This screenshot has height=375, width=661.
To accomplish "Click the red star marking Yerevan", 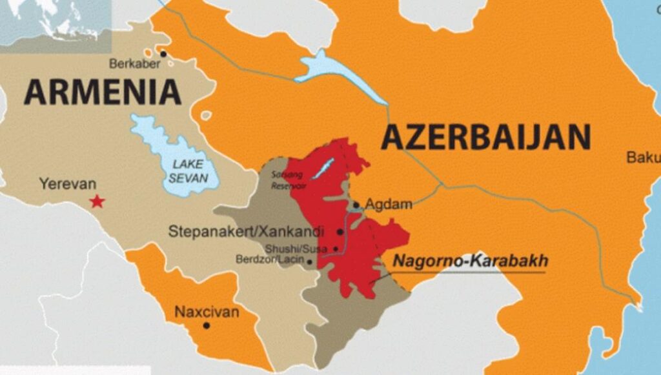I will pos(97,202).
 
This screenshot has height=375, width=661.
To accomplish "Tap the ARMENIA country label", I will pos(103,92).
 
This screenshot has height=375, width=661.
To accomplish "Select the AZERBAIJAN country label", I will pos(485,137).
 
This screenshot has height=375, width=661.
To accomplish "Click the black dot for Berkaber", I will pos(163,54).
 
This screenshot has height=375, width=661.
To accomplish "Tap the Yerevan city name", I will pos(67,184).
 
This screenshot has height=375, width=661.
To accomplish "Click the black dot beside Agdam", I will pos(356,206).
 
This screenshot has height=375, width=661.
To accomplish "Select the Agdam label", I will pos(388,205).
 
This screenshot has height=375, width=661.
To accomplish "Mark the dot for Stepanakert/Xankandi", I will pos(340,232).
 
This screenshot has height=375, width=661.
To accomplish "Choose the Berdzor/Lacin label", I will pos(273,261).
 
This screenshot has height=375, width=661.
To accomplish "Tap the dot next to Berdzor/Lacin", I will pos(310,262).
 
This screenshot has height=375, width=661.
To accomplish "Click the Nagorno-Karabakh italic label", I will pos(471,261).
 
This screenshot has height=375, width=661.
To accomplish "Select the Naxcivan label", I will pos(207,312).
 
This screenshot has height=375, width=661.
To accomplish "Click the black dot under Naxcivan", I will pos(207,325).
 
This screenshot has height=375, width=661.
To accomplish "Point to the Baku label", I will pos(643,157).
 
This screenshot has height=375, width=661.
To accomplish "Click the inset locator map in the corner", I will pos(55,23).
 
